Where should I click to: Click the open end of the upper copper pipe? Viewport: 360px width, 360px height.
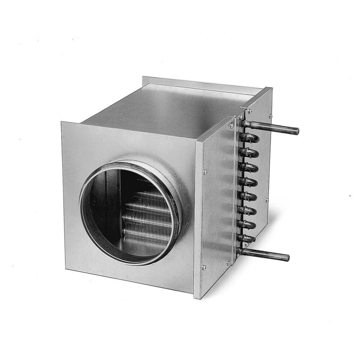[296, 130]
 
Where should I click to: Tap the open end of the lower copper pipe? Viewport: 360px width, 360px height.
[287, 258]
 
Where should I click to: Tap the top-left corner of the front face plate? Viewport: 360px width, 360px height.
[62, 122]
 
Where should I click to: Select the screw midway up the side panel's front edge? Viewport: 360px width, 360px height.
[205, 172]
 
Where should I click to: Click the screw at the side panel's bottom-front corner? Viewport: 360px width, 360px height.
[204, 267]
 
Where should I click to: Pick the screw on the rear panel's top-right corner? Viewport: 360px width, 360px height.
[270, 116]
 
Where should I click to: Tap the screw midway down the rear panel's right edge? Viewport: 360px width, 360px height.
[267, 200]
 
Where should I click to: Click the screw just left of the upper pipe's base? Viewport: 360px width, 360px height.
[231, 126]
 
